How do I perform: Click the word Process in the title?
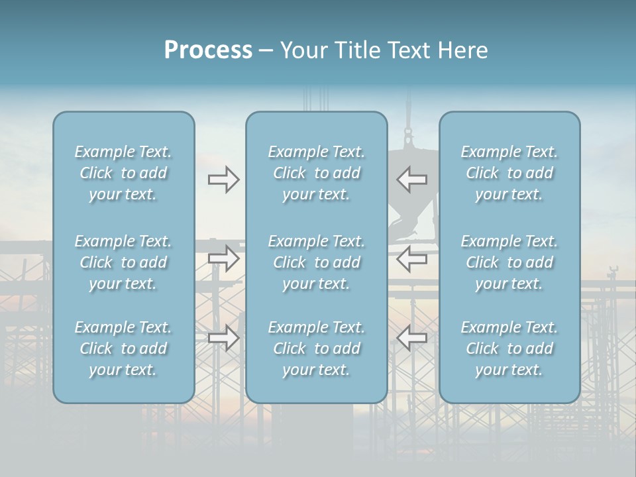[208, 50]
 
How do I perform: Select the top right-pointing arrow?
[223, 180]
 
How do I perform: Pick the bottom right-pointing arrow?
[223, 338]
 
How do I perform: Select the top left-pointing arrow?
[412, 180]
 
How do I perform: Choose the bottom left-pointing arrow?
[412, 338]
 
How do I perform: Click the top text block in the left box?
[123, 173]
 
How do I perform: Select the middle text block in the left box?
[123, 262]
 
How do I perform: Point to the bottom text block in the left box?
[123, 348]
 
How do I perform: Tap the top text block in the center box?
[316, 173]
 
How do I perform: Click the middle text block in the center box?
[316, 262]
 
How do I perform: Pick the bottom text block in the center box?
[316, 348]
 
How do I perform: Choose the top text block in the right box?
[509, 173]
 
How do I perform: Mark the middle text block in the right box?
[509, 262]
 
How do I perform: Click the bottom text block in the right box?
[509, 348]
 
